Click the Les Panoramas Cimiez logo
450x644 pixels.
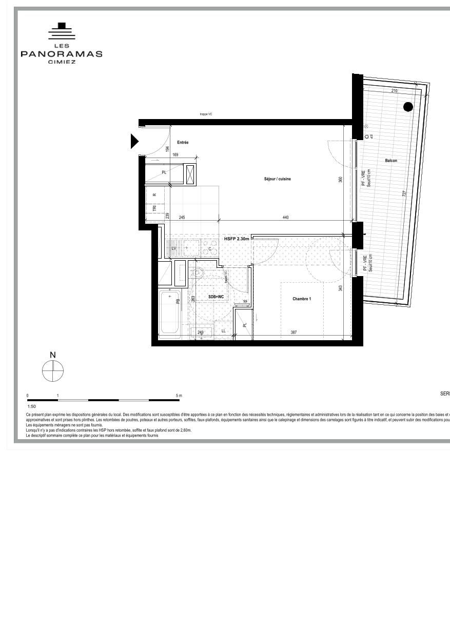pos(62,44)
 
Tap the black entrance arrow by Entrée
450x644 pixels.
pos(134,141)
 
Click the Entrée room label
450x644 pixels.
pos(183,142)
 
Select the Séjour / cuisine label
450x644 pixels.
pos(277,179)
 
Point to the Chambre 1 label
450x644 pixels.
pos(302,299)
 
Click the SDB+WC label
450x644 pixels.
pos(216,297)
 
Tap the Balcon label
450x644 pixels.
pos(391,161)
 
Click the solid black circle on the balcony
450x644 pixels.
pos(408,107)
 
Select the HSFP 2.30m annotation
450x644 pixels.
pos(237,239)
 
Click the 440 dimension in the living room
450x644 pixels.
pos(285,218)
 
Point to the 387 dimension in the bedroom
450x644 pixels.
pos(294,333)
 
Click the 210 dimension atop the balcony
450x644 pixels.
pos(394,91)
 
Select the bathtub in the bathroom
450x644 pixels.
pos(169,313)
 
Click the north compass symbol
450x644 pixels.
pos(53,371)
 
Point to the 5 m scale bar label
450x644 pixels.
pos(179,396)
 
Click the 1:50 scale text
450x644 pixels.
pos(32,406)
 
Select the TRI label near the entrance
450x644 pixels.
pos(154,208)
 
